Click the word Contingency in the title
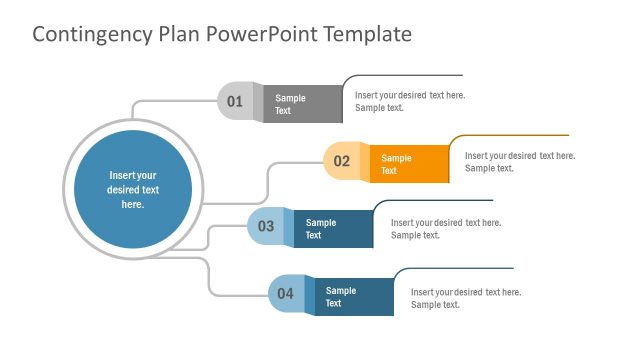coord(89,34)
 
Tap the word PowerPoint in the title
coord(259,34)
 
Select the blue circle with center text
coord(133,189)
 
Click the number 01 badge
coord(235,101)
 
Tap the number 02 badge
coord(341,161)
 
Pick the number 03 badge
coord(265,226)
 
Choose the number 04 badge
coord(285,293)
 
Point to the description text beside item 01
coord(410,101)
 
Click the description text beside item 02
coord(520,161)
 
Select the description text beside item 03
coord(446,229)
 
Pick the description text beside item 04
coord(466,298)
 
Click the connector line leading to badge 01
coord(170,100)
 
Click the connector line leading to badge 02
coord(295,162)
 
